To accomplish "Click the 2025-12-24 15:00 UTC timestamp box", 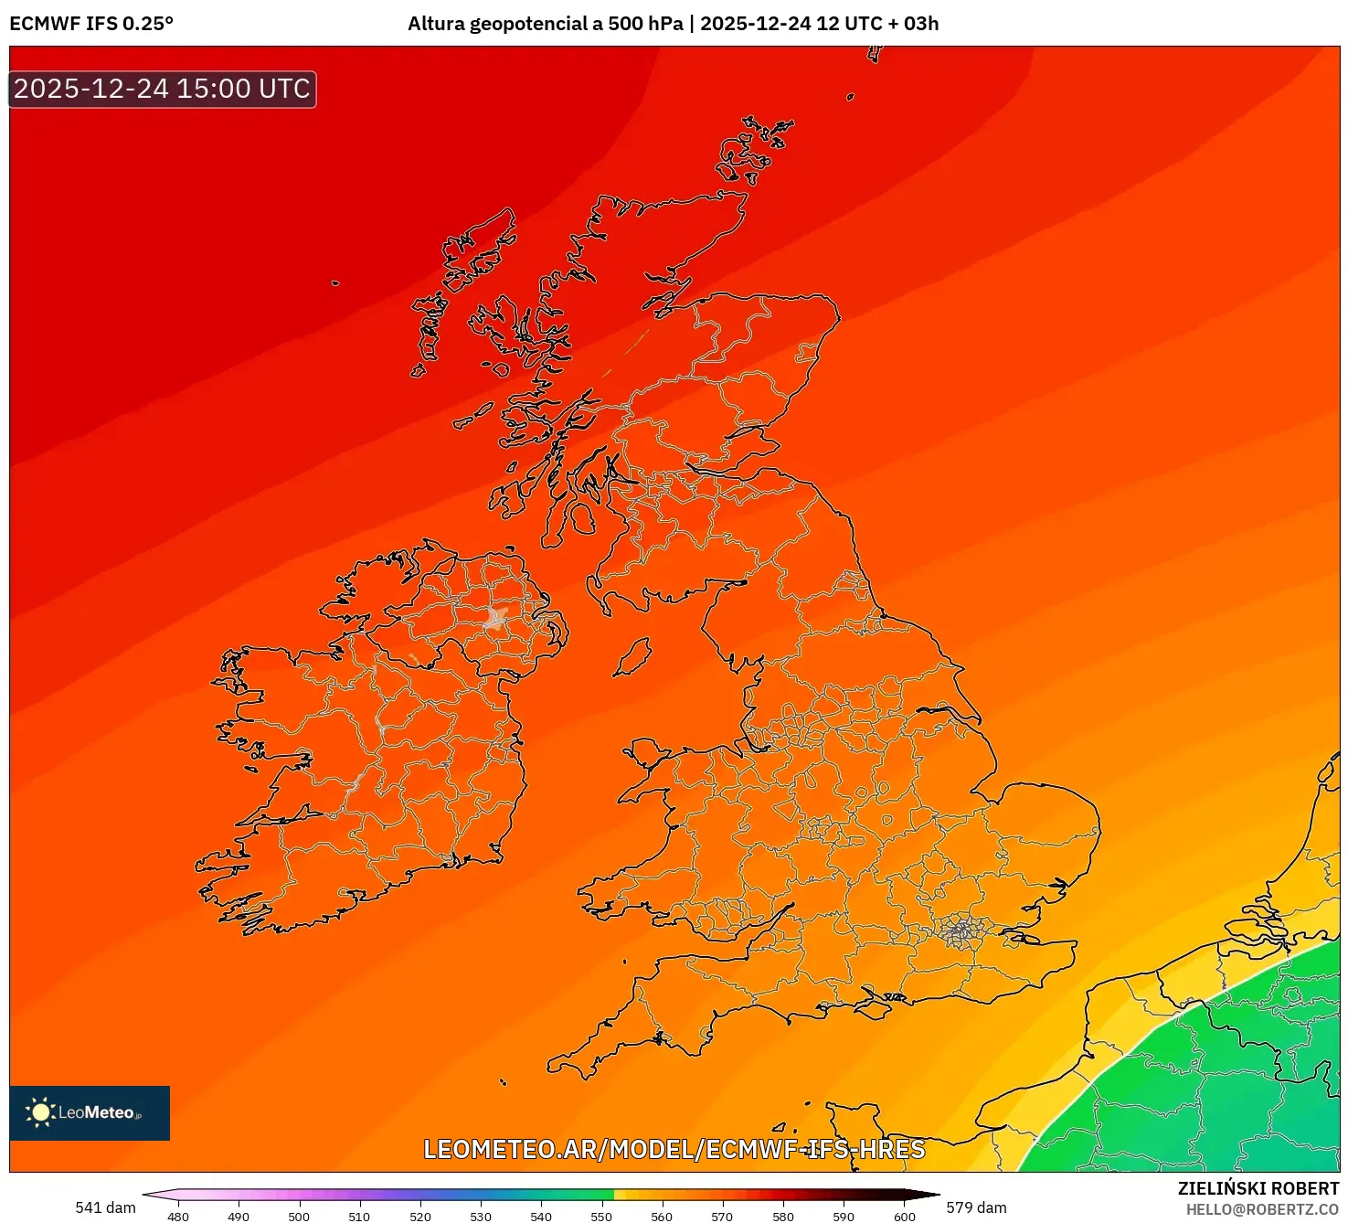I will (163, 90).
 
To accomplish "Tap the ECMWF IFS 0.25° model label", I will (91, 24).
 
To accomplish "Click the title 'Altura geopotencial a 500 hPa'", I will (545, 24).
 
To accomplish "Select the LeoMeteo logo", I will (90, 1112).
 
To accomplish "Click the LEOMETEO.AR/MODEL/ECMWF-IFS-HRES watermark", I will (674, 1149).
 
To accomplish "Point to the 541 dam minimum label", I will (105, 1207).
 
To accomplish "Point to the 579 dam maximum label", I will (976, 1207).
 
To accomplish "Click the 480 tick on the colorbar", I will (178, 1216).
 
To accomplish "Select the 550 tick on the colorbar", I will (601, 1216).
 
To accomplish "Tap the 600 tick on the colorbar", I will (904, 1216).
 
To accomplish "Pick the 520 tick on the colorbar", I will (420, 1216).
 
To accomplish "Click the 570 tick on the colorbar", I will (722, 1216).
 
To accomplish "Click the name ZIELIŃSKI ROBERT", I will (1258, 1188).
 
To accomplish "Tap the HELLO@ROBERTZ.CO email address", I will (1262, 1209).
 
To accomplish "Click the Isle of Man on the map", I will (632, 657).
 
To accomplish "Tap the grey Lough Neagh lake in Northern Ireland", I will (496, 617).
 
